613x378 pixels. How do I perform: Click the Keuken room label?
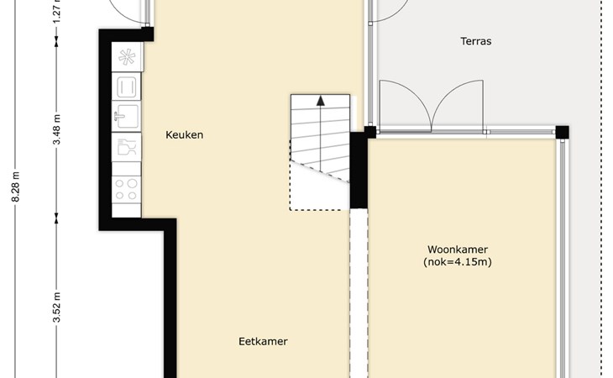tap(184, 135)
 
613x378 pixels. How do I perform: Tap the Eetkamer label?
tap(263, 341)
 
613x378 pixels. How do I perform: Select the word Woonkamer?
tap(458, 249)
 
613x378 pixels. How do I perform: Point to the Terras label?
tap(476, 41)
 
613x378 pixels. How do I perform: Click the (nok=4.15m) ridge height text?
tap(458, 262)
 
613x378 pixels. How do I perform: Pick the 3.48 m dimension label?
tap(57, 129)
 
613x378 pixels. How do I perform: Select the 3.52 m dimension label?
tap(57, 307)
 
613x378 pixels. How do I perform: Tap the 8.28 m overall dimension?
tap(16, 186)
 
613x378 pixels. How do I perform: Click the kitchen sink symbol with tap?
tap(126, 116)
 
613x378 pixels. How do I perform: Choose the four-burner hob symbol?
tap(126, 189)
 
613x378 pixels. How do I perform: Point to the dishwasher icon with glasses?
tap(126, 147)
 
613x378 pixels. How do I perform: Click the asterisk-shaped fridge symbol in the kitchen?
tap(127, 57)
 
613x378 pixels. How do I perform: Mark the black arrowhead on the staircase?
tap(321, 101)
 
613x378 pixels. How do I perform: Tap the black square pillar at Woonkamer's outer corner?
tap(562, 132)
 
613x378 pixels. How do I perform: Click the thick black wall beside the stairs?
tap(359, 170)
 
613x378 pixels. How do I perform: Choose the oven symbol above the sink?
tap(126, 87)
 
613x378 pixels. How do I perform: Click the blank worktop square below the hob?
tap(126, 210)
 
